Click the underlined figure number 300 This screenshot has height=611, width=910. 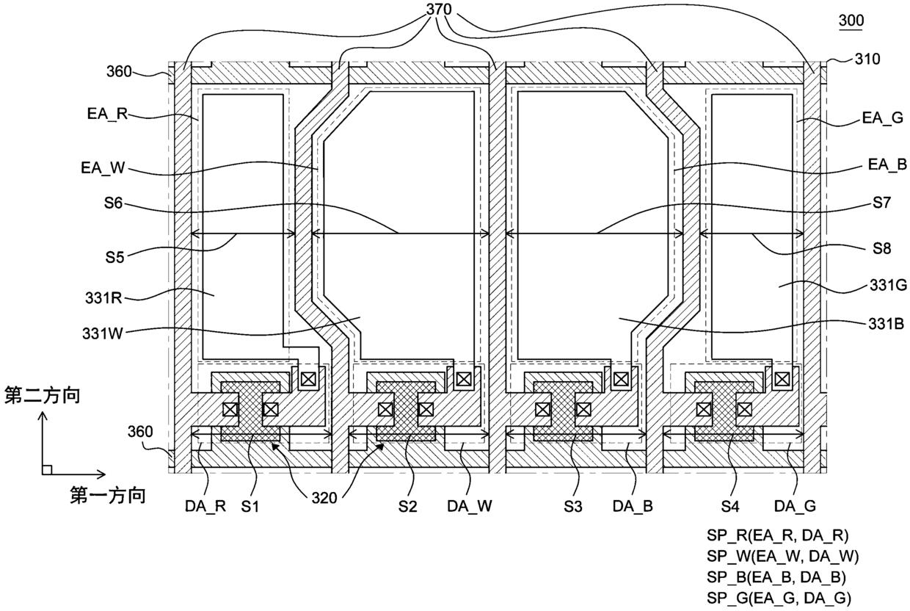point(851,21)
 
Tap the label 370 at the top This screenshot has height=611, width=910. point(439,9)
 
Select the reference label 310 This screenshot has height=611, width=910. point(867,59)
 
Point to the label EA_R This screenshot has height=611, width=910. point(108,114)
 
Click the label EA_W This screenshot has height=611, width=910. point(103,167)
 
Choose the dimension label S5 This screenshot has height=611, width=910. point(114,257)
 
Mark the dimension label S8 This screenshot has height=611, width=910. point(882,248)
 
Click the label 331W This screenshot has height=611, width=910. point(103,333)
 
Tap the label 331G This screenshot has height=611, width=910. point(887,286)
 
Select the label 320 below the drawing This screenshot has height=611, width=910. point(324,498)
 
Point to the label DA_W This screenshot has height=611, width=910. point(470,506)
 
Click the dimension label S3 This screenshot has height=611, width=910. point(573,507)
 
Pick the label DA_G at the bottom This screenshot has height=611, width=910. point(795,506)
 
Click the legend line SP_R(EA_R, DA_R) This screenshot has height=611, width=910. point(778,536)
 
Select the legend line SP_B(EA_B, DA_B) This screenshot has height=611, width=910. point(776,577)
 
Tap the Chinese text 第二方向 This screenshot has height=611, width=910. point(42,396)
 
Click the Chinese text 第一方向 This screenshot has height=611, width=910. point(108,495)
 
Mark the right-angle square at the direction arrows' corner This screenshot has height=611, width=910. point(47,470)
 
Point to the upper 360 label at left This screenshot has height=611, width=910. point(119,71)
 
